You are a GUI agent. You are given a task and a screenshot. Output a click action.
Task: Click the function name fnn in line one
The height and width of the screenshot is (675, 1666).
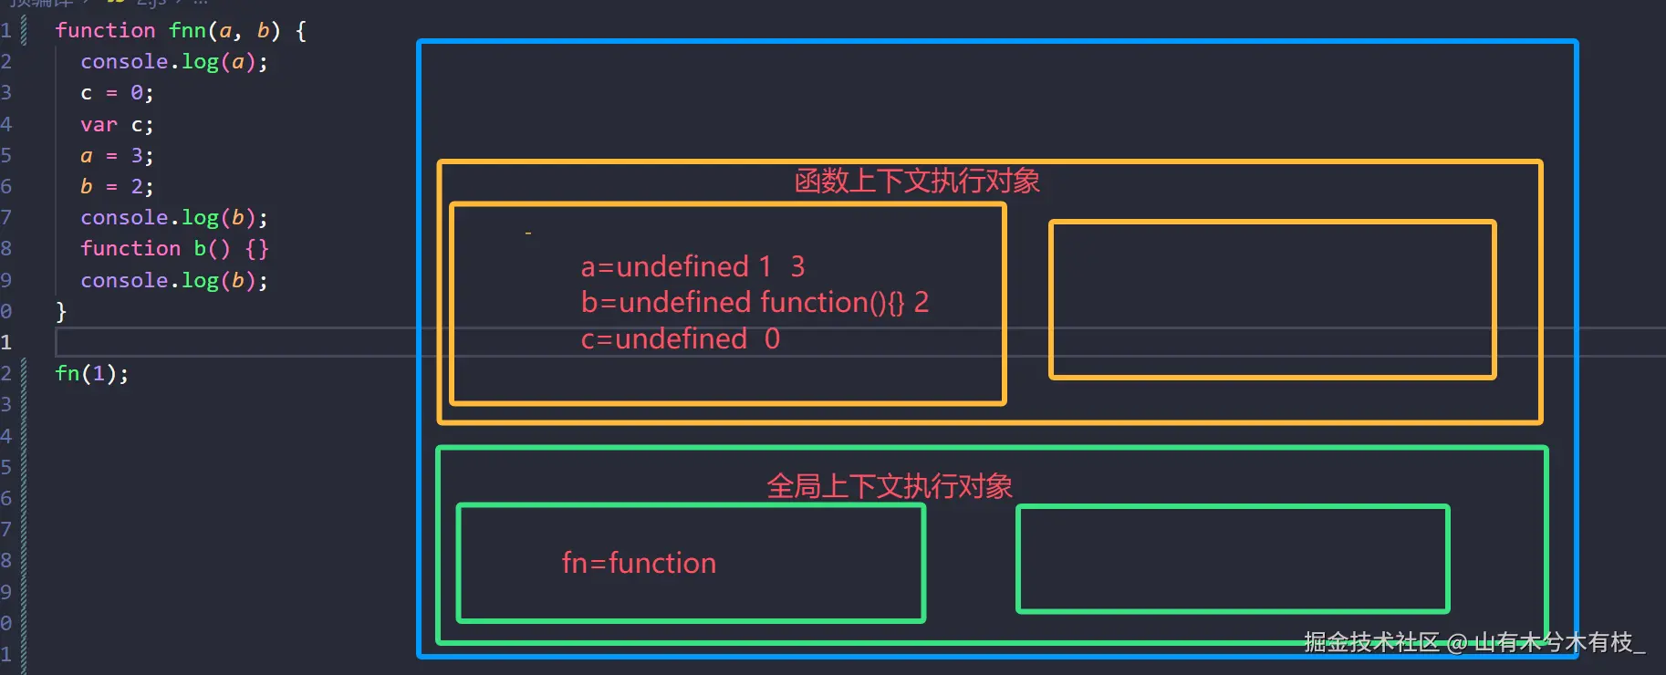pyautogui.click(x=187, y=30)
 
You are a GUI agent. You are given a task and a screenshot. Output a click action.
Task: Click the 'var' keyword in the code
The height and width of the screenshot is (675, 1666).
pyautogui.click(x=99, y=125)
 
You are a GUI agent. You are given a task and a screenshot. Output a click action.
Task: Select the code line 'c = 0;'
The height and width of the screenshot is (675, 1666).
pyautogui.click(x=117, y=93)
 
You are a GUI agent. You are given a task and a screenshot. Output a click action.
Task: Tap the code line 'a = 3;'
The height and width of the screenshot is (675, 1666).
pyautogui.click(x=117, y=156)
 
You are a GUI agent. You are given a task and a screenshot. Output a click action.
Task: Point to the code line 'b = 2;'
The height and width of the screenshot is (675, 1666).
pyautogui.click(x=117, y=187)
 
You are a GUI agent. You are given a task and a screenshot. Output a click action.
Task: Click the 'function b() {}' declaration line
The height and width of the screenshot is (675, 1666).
pyautogui.click(x=174, y=249)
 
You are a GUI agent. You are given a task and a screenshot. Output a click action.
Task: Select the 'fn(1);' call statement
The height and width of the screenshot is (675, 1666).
pyautogui.click(x=91, y=373)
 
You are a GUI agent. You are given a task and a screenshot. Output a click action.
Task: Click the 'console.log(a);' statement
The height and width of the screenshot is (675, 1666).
pyautogui.click(x=174, y=62)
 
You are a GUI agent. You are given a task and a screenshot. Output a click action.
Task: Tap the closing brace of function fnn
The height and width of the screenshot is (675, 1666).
pyautogui.click(x=61, y=311)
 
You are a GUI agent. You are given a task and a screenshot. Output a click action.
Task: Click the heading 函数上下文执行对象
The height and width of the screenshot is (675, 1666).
pyautogui.click(x=917, y=181)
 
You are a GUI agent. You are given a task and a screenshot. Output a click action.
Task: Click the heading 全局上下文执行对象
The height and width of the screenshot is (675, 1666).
pyautogui.click(x=890, y=486)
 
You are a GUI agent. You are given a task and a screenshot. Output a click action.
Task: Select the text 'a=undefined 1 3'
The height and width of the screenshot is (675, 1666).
pyautogui.click(x=692, y=266)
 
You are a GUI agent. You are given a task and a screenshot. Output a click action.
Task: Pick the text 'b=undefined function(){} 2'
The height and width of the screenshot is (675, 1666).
pyautogui.click(x=755, y=302)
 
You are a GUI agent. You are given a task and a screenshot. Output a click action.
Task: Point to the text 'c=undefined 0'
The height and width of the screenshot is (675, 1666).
pyautogui.click(x=680, y=339)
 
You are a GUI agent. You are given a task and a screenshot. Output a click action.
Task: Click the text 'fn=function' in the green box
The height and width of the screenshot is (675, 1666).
pyautogui.click(x=639, y=563)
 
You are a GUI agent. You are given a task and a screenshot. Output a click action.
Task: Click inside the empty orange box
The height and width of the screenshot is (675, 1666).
pyautogui.click(x=1272, y=299)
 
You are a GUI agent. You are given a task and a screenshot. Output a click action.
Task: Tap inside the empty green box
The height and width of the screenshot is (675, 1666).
pyautogui.click(x=1233, y=558)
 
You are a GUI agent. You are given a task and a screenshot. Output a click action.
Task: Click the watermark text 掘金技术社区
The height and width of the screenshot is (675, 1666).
pyautogui.click(x=1371, y=642)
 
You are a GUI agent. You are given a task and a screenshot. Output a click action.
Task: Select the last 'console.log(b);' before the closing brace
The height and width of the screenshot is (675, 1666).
pyautogui.click(x=174, y=281)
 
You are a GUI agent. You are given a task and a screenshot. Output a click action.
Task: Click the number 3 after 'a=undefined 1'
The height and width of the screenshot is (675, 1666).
pyautogui.click(x=797, y=266)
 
